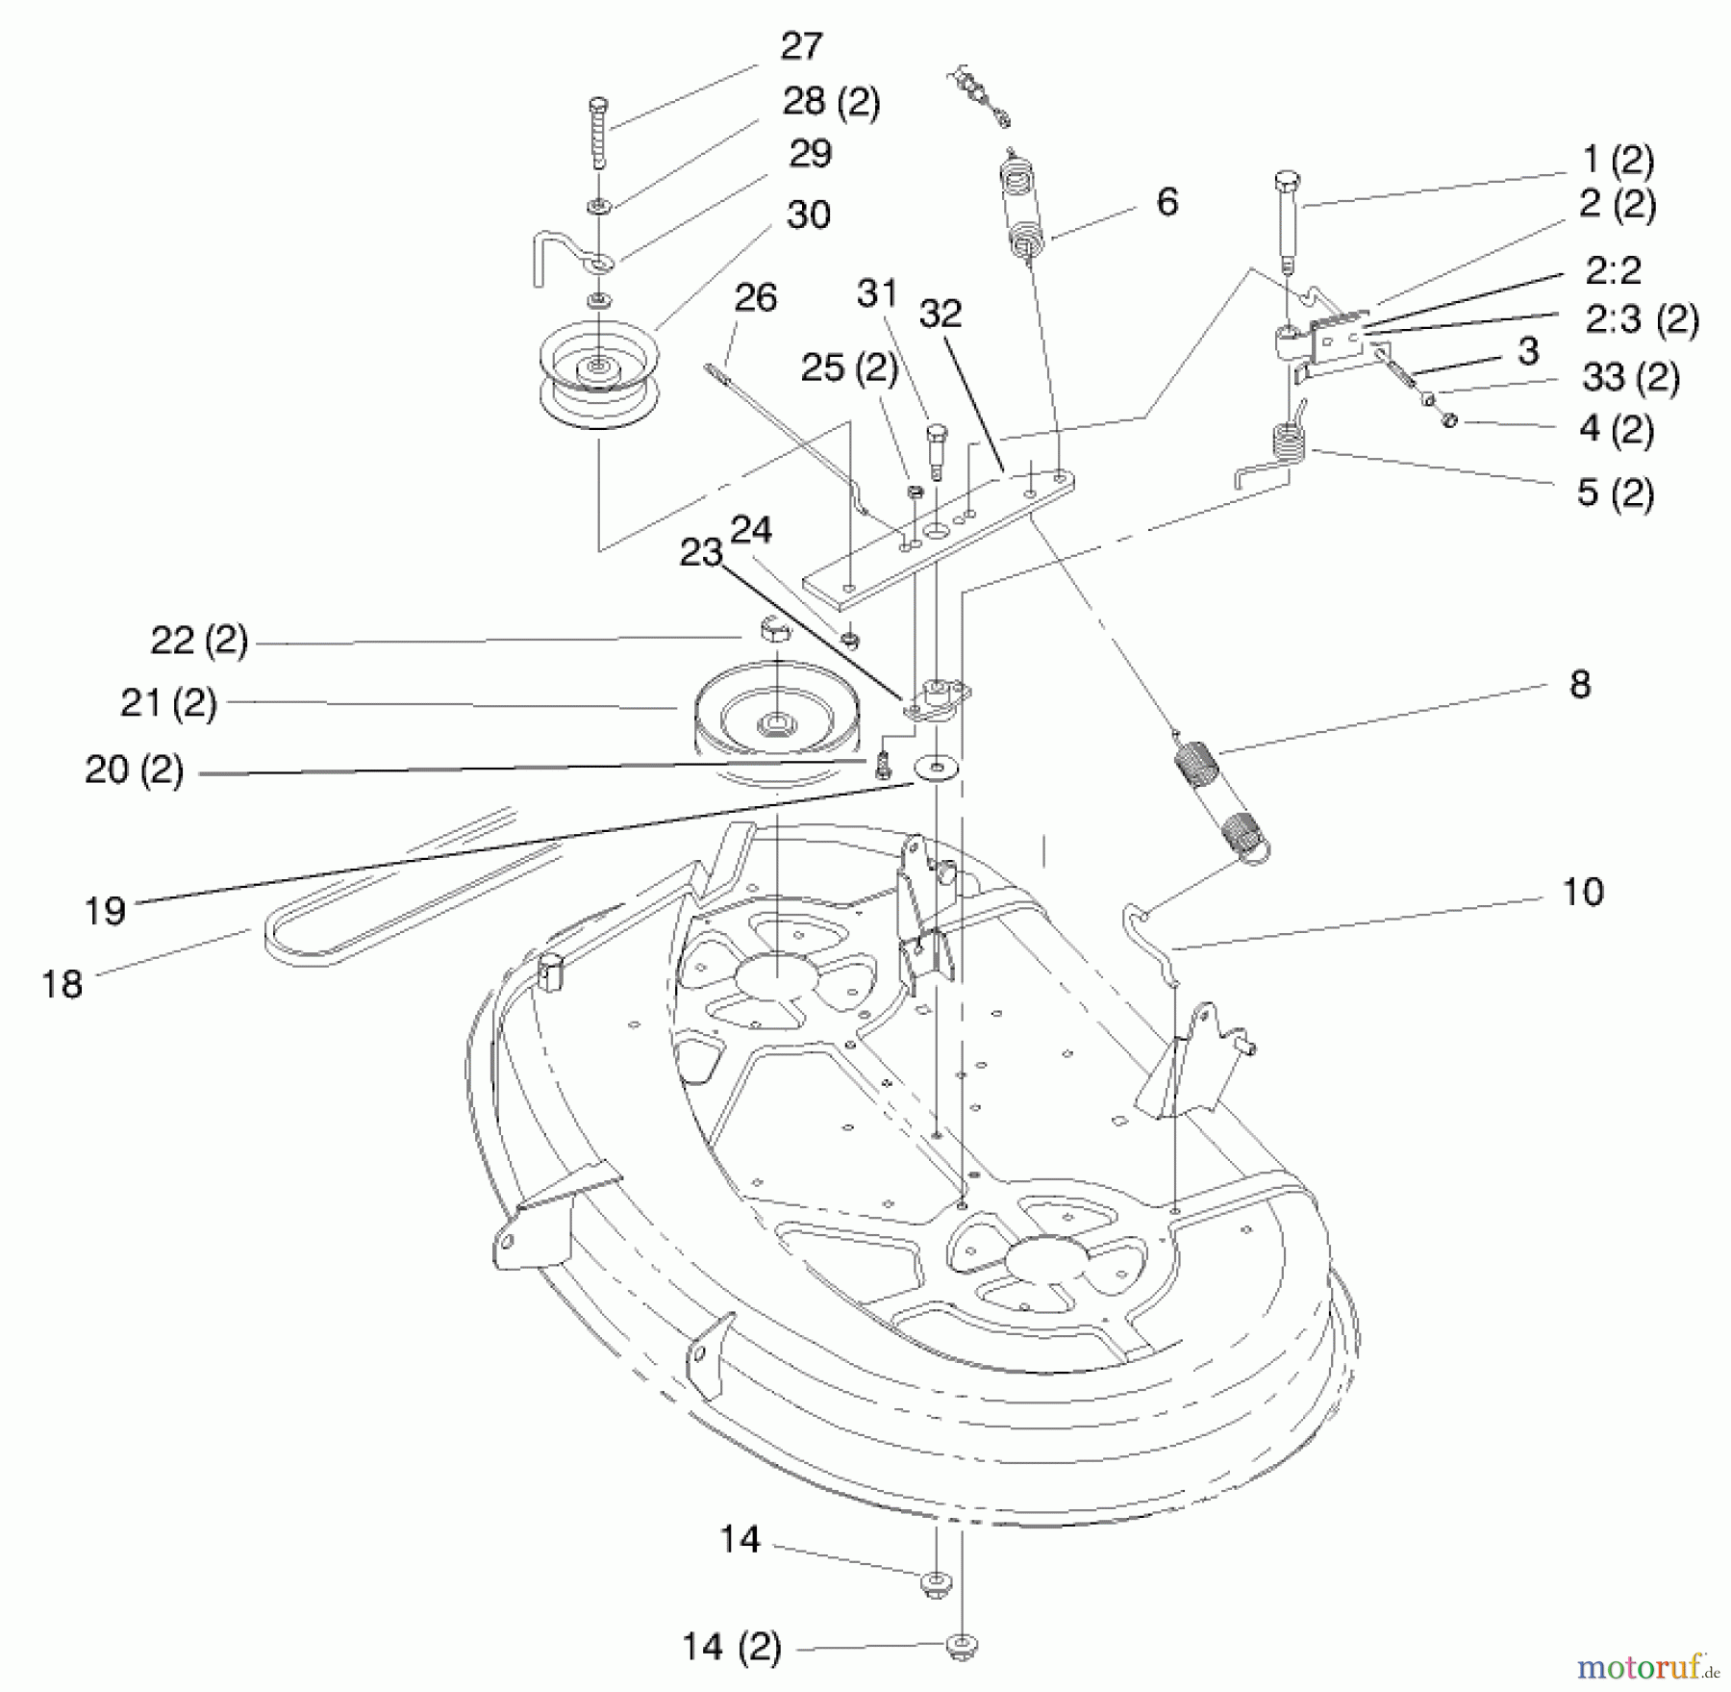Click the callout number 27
click(x=801, y=46)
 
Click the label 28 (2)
click(x=831, y=101)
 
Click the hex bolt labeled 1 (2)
click(x=1287, y=221)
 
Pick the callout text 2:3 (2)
click(x=1642, y=319)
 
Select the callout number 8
click(x=1579, y=685)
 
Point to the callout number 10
click(x=1582, y=892)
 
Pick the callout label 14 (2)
click(x=731, y=1647)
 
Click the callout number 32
click(x=940, y=313)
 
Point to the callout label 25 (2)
click(x=849, y=367)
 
